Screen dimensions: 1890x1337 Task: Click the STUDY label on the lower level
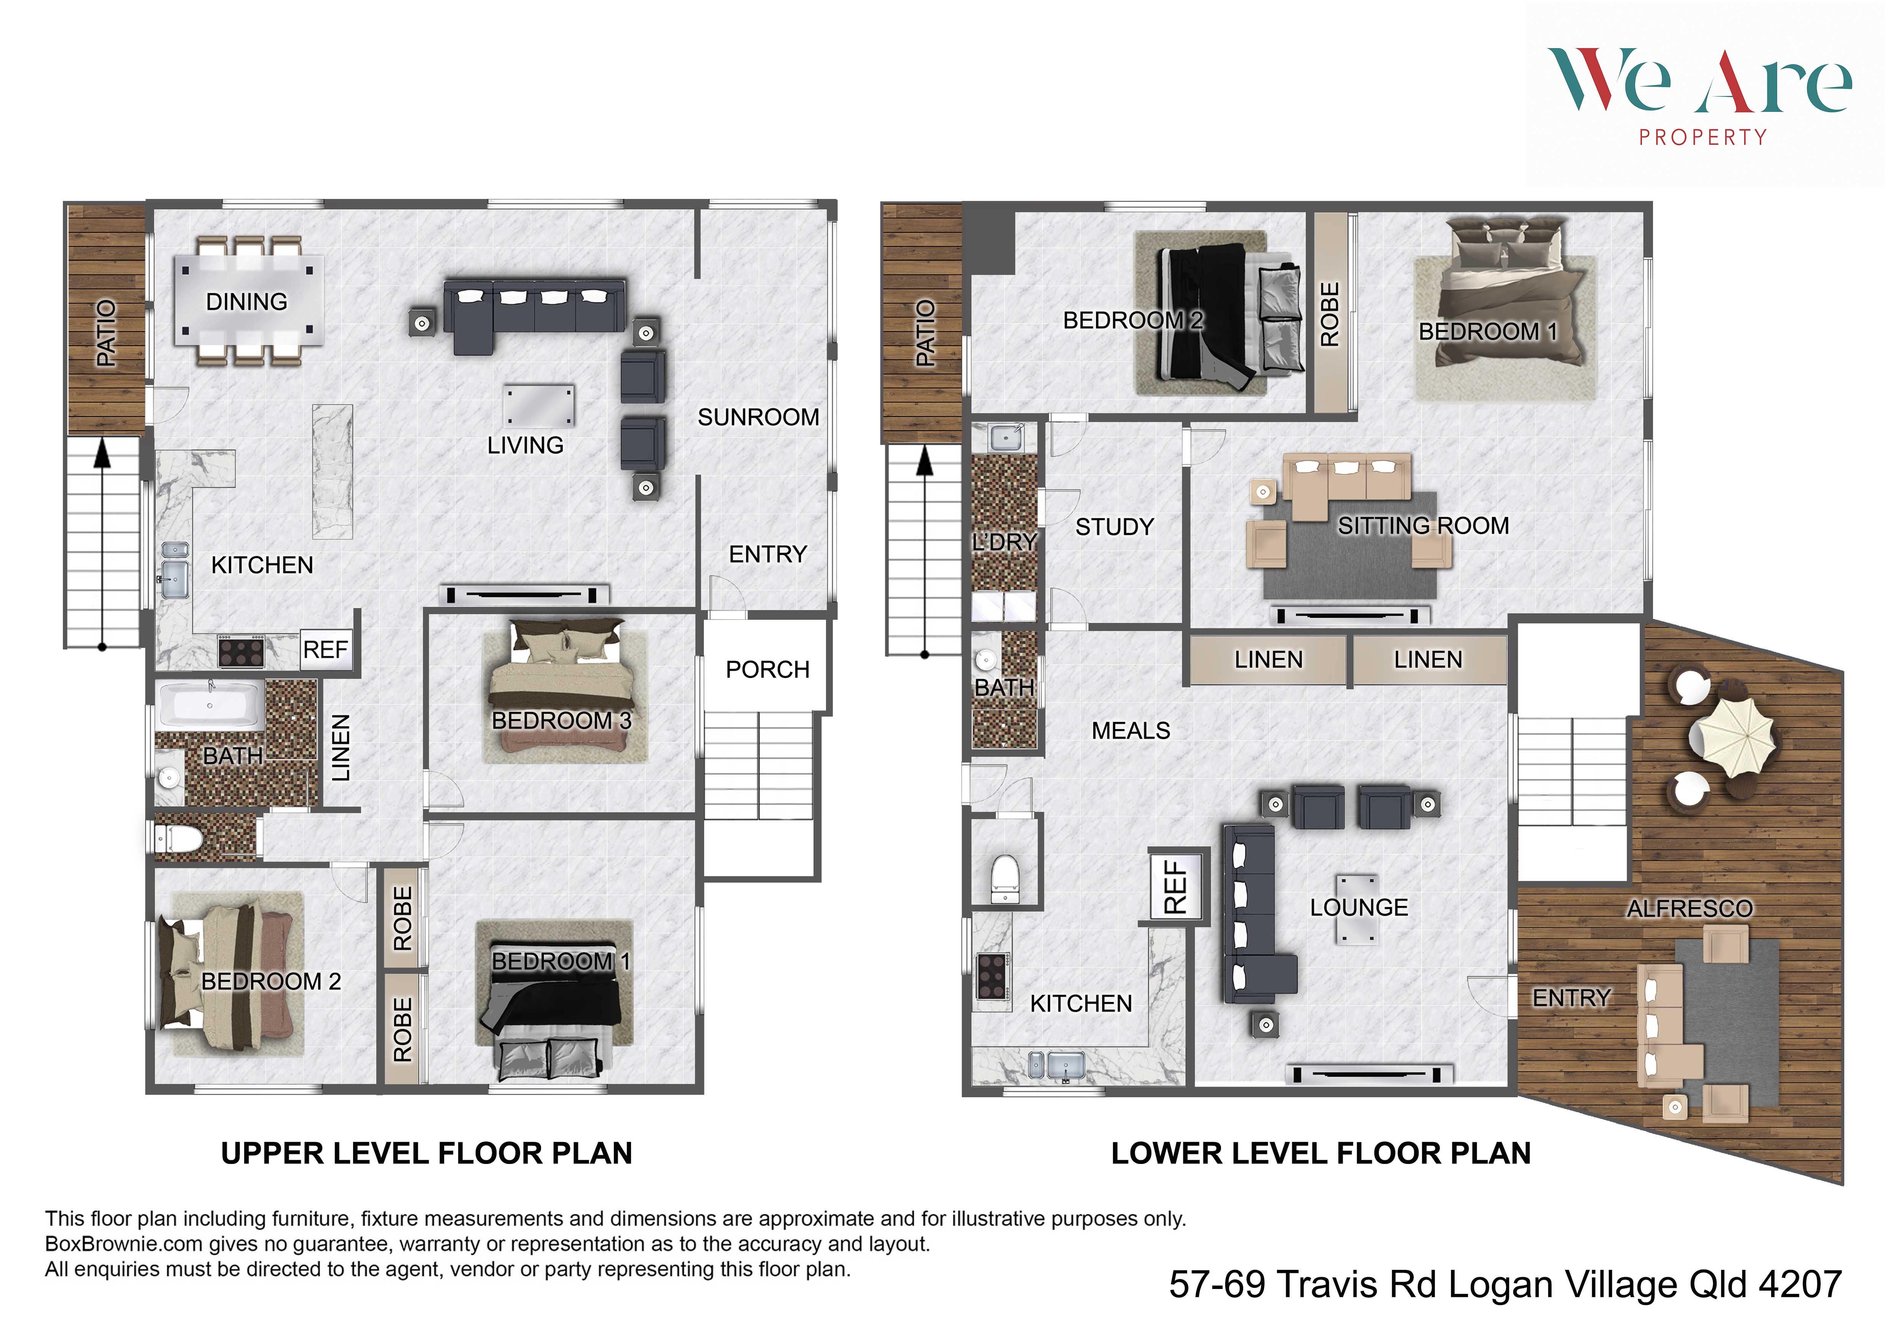click(x=1115, y=527)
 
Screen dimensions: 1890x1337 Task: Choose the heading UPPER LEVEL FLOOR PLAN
click(x=426, y=1153)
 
